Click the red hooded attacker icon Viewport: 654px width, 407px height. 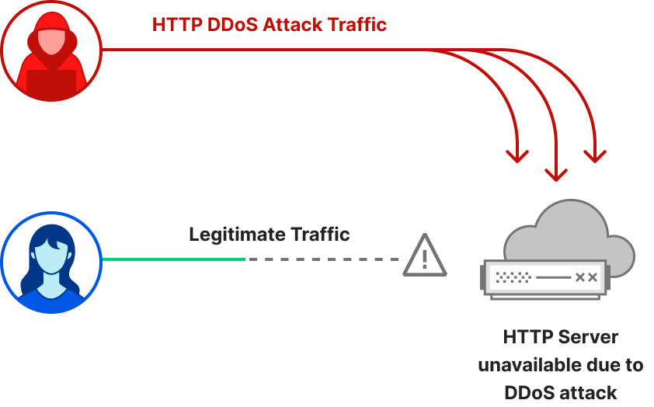pyautogui.click(x=51, y=51)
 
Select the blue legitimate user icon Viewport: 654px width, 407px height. pyautogui.click(x=51, y=263)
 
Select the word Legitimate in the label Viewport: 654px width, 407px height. pyautogui.click(x=236, y=234)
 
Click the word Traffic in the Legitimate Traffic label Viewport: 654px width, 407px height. pyautogui.click(x=320, y=234)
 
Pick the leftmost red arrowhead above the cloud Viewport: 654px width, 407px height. pyautogui.click(x=517, y=155)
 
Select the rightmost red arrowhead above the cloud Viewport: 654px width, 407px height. pyautogui.click(x=595, y=155)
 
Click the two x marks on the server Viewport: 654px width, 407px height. pyautogui.click(x=586, y=277)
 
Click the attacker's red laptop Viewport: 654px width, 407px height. pyautogui.click(x=51, y=82)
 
